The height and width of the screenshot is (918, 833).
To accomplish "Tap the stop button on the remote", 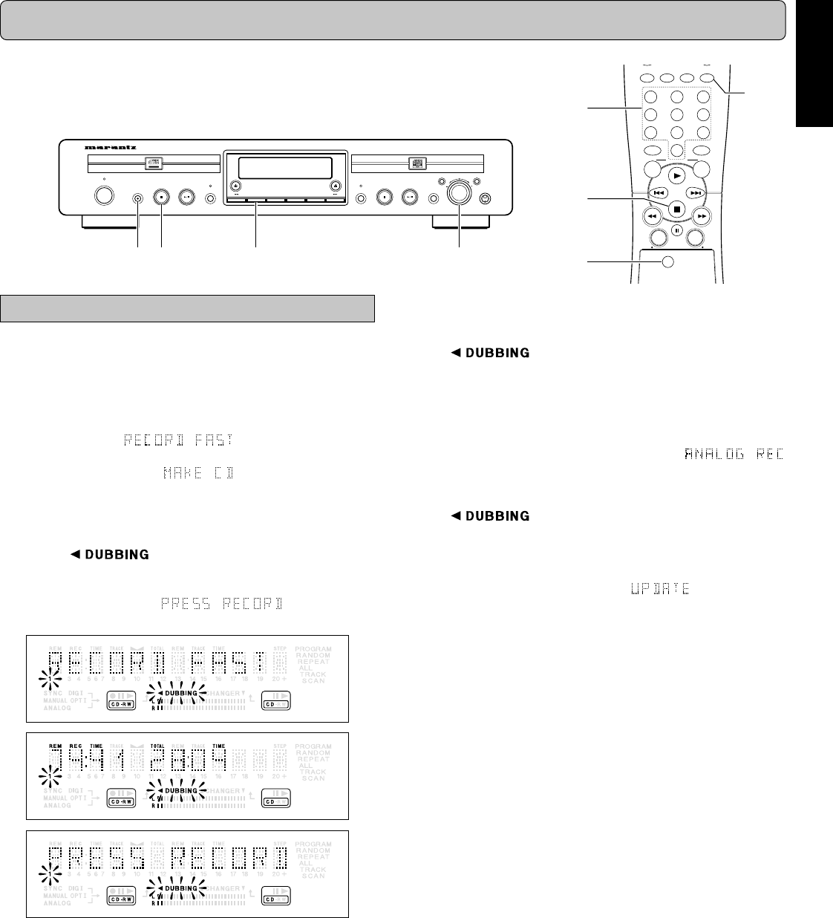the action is pos(676,209).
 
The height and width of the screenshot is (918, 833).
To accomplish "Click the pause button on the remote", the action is pos(676,230).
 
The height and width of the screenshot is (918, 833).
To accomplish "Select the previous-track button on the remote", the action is pos(657,192).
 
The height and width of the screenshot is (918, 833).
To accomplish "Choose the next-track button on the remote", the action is pos(696,192).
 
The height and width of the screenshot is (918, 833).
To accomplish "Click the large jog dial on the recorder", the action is pos(459,192).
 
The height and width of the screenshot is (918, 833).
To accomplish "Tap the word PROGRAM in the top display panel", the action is pos(313,648).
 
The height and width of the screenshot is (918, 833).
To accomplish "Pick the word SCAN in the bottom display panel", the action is pos(313,876).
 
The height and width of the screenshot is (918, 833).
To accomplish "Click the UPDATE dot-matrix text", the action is pos(660,589).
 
